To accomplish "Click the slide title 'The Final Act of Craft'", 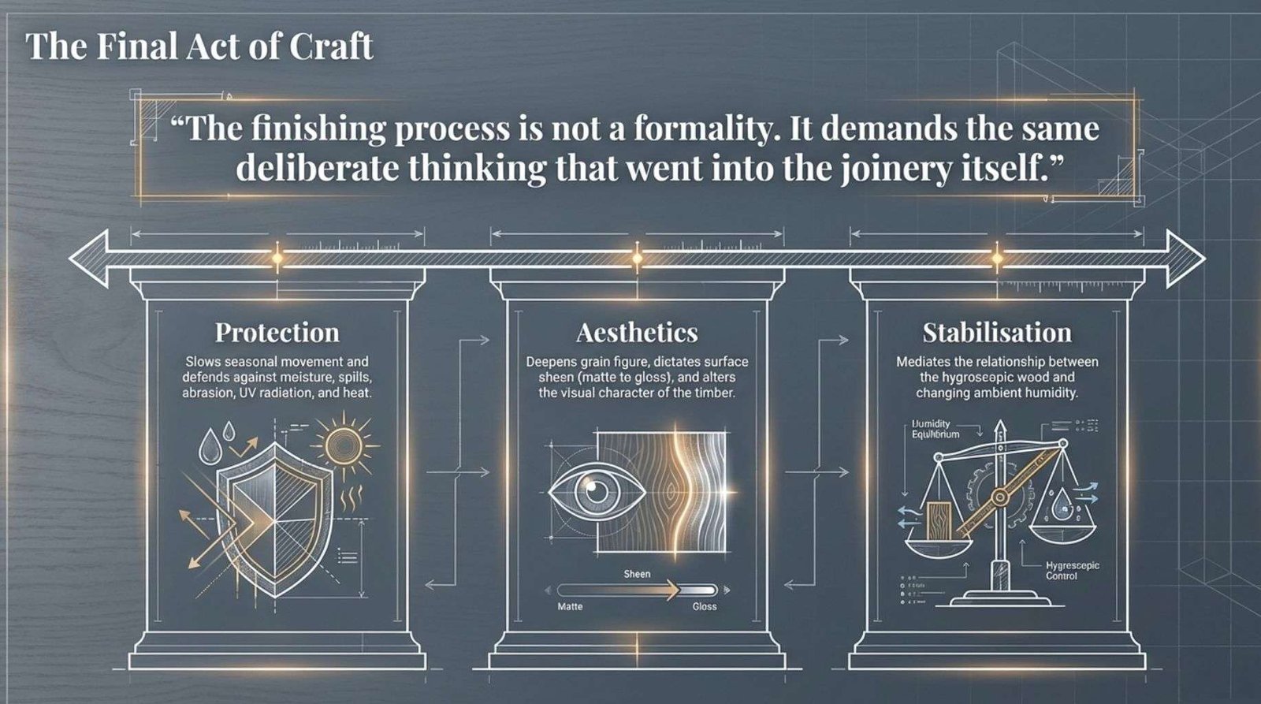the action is coord(199,47).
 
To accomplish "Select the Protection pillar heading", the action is coord(277,332).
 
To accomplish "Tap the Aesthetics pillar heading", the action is coord(637,332).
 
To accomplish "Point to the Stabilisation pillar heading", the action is coord(997,332).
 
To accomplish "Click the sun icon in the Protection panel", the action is coord(344,445).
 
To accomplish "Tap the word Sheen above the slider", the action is coord(637,574).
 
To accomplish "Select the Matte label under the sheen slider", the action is coord(570,606).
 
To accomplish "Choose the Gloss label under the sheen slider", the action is coord(705,606).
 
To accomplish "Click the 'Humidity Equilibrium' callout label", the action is coord(935,429).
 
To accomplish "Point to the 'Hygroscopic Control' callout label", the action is coord(1073,571).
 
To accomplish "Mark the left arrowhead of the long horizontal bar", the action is coord(87,259).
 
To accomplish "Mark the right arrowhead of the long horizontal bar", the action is coord(1185,259).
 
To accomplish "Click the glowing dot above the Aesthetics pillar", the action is coord(637,259).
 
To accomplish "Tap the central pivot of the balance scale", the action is coord(999,497).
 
